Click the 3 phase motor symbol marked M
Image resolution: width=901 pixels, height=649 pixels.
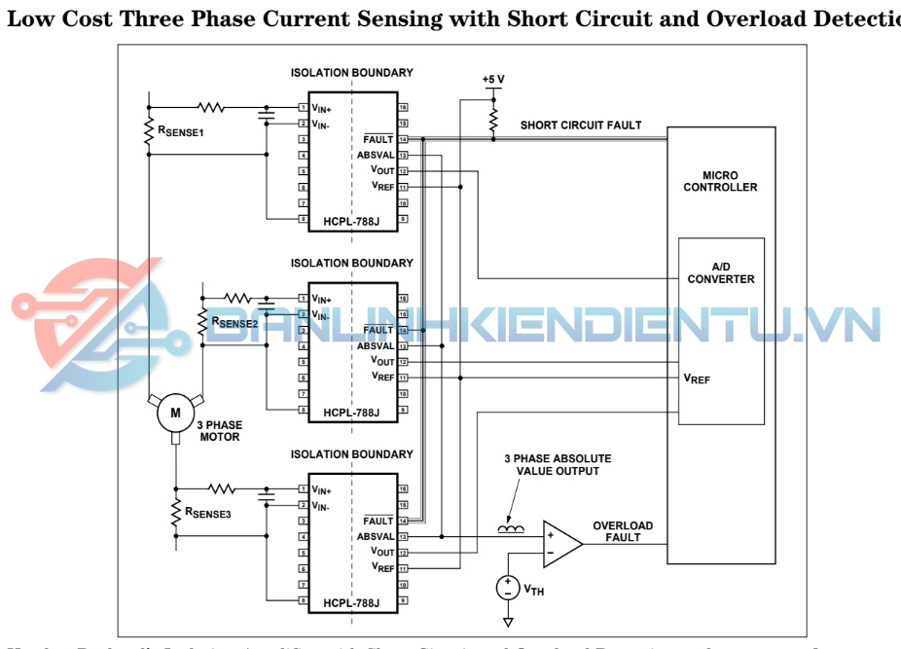pyautogui.click(x=176, y=413)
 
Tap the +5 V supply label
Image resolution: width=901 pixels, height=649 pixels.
pyautogui.click(x=493, y=79)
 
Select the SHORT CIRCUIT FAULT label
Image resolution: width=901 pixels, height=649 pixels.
pyautogui.click(x=581, y=125)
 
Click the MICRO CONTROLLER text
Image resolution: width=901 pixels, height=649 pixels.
pyautogui.click(x=720, y=181)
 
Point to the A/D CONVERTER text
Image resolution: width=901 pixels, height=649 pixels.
pyautogui.click(x=721, y=272)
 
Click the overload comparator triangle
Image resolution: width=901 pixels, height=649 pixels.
pyautogui.click(x=560, y=543)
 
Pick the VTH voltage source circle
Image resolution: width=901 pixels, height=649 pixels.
pyautogui.click(x=507, y=588)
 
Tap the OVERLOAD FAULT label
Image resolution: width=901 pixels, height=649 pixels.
pyautogui.click(x=623, y=531)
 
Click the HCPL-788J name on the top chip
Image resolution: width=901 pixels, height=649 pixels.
pyautogui.click(x=351, y=222)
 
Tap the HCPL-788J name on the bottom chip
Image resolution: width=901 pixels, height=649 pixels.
pyautogui.click(x=351, y=603)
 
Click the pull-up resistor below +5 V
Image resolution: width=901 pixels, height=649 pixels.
pyautogui.click(x=493, y=119)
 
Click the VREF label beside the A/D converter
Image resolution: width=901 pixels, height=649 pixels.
pyautogui.click(x=697, y=379)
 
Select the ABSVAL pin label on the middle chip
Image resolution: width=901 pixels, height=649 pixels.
pyautogui.click(x=375, y=345)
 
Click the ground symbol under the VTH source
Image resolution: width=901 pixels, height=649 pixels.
pyautogui.click(x=507, y=622)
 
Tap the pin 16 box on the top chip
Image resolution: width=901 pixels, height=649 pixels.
pyautogui.click(x=402, y=107)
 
